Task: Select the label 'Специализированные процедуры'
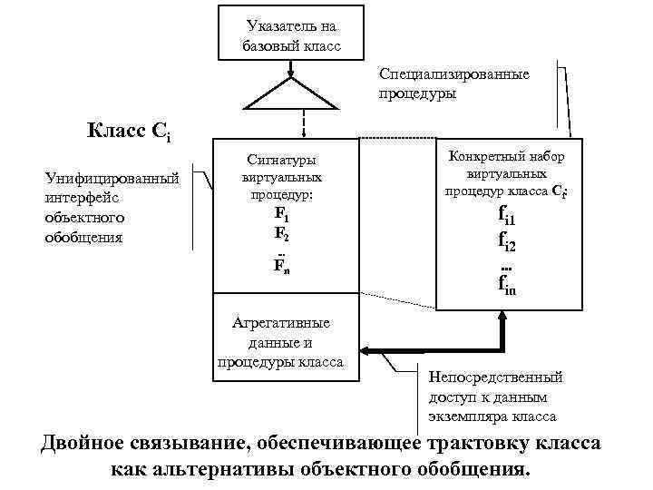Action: (453, 83)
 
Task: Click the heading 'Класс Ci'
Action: (129, 133)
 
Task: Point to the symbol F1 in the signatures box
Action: (282, 217)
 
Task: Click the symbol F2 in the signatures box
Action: (282, 233)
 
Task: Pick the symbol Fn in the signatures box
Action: (282, 266)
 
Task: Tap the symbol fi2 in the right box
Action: (507, 241)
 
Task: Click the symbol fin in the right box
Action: (507, 285)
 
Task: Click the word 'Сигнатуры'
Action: (283, 162)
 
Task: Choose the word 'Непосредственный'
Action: (495, 377)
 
